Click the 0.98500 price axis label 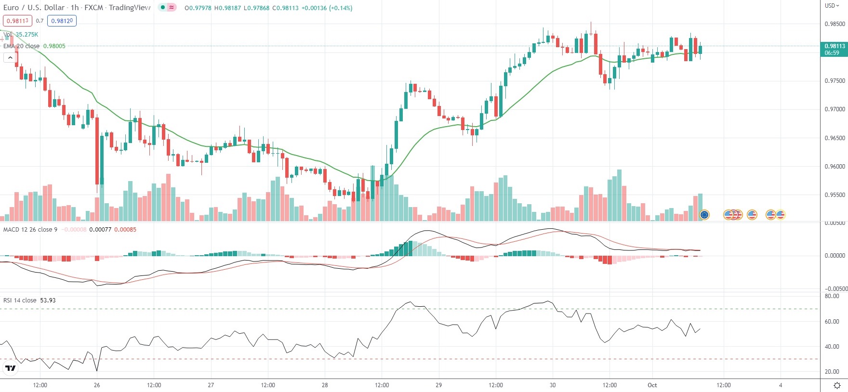coord(835,24)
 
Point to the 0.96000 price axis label coord(835,167)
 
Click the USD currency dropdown coord(832,6)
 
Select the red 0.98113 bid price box coord(17,21)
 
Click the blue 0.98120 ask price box coord(62,21)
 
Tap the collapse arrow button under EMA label coord(10,58)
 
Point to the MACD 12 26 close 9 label coord(30,230)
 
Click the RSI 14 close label coord(20,301)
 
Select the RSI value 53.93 coord(48,301)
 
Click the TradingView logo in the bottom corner coord(10,368)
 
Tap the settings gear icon coord(837,385)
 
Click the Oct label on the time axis coord(652,385)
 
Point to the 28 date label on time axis coord(325,385)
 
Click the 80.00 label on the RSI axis coord(832,297)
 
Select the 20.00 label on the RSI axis coord(832,372)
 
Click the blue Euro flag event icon coord(704,215)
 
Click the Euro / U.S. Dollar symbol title coord(34,8)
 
